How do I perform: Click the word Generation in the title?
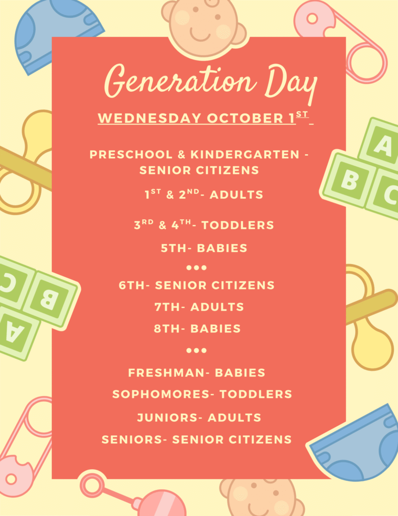point(180,81)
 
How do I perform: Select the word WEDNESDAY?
point(149,118)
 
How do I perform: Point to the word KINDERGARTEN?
point(245,154)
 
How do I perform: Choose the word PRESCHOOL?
point(131,154)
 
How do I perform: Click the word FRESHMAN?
point(167,372)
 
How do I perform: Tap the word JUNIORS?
point(168,418)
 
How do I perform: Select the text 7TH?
point(167,307)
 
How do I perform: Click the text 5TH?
point(174,248)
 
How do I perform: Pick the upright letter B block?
point(349,179)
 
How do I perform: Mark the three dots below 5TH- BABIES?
point(197,268)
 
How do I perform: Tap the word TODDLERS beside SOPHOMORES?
point(256,394)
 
